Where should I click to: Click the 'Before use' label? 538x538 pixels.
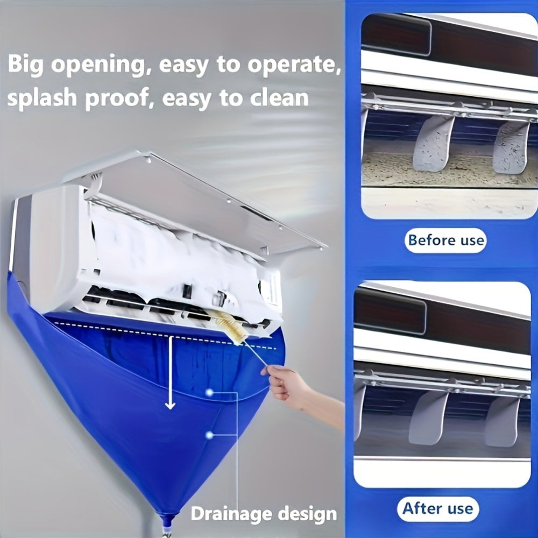[445, 240]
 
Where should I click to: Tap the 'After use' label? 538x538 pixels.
[437, 508]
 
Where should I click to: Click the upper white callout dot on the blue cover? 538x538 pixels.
[209, 393]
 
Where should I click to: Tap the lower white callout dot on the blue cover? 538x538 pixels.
[209, 434]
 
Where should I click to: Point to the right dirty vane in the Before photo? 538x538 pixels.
[511, 147]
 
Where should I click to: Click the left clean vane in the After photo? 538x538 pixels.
[428, 417]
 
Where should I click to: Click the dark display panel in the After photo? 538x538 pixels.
[390, 309]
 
